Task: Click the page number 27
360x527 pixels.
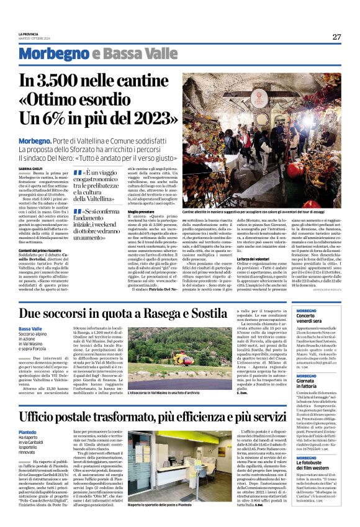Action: click(x=336, y=37)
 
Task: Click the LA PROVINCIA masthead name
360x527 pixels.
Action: click(x=29, y=34)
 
